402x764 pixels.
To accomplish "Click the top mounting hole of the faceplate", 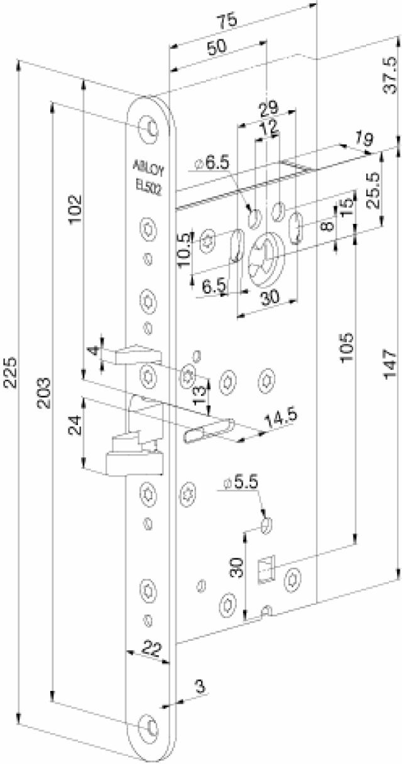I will point(151,126).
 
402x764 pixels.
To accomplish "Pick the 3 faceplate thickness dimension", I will point(200,686).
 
